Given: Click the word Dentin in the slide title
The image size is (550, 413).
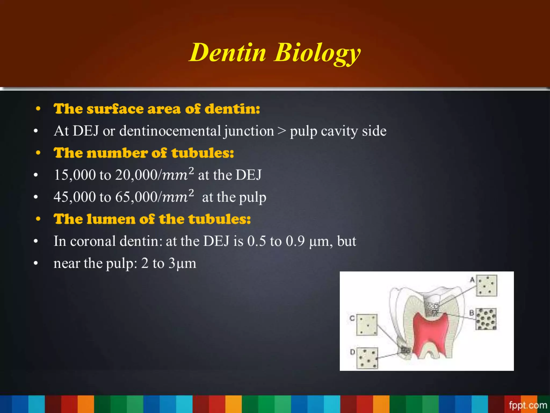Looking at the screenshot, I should click(x=228, y=52).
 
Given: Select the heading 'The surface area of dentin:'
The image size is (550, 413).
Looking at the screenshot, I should click(x=157, y=109).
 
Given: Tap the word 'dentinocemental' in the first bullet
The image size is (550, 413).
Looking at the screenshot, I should click(x=170, y=131).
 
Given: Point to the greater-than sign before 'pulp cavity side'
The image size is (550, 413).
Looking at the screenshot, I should click(x=282, y=131).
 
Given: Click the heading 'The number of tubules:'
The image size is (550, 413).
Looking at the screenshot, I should click(x=144, y=153).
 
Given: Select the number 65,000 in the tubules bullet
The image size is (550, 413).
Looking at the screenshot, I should click(x=136, y=197).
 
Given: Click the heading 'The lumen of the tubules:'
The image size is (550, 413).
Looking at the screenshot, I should click(x=152, y=219).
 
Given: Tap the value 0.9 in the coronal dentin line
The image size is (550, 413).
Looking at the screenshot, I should click(x=295, y=241).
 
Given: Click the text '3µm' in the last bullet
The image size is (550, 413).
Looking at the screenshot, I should click(x=182, y=263).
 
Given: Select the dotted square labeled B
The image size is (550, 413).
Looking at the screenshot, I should click(x=486, y=319).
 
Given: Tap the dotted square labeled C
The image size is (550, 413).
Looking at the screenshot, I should click(x=367, y=325).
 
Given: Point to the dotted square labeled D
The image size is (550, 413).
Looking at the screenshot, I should click(x=367, y=358).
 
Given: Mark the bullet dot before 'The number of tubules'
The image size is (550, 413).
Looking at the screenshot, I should click(x=38, y=153).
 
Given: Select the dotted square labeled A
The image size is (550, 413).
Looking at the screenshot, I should click(x=487, y=286).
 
